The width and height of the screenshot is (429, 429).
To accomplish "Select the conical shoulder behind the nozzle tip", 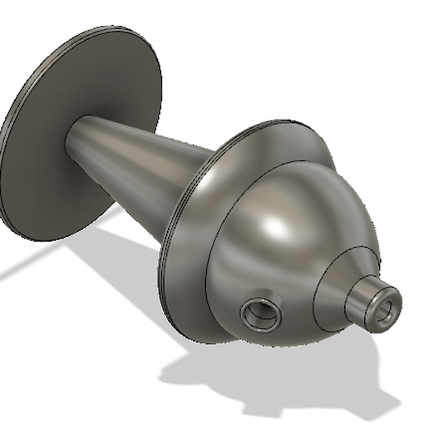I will point(337,287).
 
